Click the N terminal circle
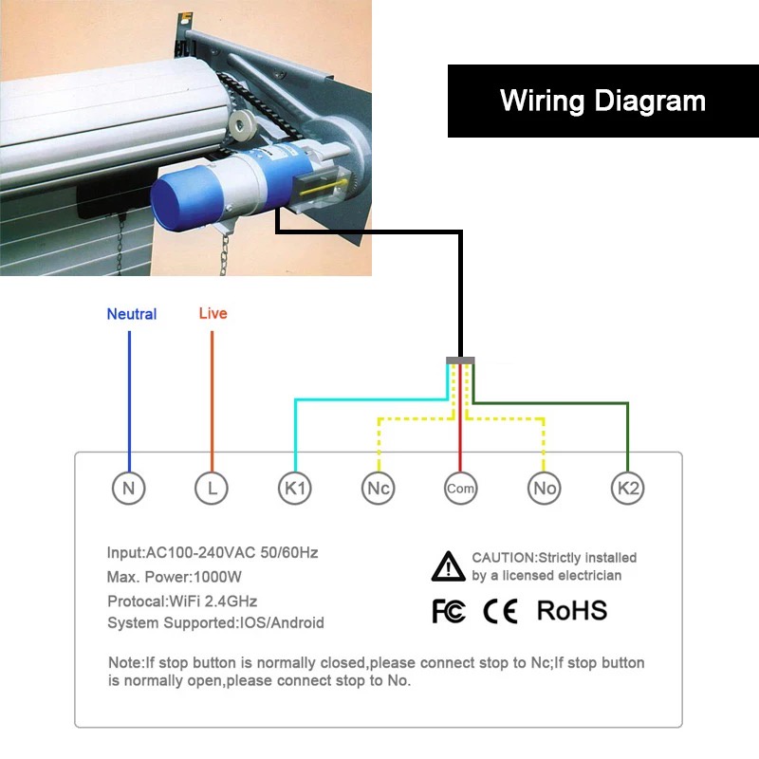point(129,488)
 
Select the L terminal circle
point(212,488)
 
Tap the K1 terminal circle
point(295,488)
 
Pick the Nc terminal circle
point(378,488)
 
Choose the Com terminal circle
point(460,488)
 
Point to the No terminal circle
point(544,488)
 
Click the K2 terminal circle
point(628,488)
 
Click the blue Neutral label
point(132,314)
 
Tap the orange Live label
point(213,313)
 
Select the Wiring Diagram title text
point(602,102)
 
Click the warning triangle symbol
point(448,566)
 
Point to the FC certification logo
point(449,611)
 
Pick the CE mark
point(501,611)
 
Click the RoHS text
point(572,610)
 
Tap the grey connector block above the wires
point(460,361)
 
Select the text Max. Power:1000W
point(175,577)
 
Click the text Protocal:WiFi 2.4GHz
point(182,602)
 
